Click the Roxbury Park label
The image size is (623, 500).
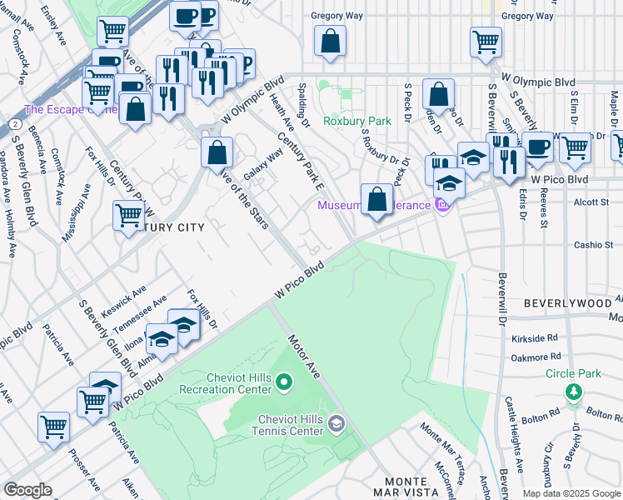(x=357, y=121)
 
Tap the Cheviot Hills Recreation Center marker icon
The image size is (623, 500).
(x=283, y=382)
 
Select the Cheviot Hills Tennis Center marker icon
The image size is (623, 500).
(x=336, y=424)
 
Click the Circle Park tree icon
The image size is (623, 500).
(x=572, y=391)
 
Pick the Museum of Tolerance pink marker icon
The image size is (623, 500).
(x=442, y=205)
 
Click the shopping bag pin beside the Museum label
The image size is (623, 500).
(x=377, y=200)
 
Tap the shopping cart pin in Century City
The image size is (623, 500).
(x=129, y=215)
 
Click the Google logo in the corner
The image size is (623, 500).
(x=27, y=490)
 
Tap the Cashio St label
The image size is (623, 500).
(x=593, y=245)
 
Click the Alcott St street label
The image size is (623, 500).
(x=592, y=202)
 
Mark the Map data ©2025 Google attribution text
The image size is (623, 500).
(x=571, y=493)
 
